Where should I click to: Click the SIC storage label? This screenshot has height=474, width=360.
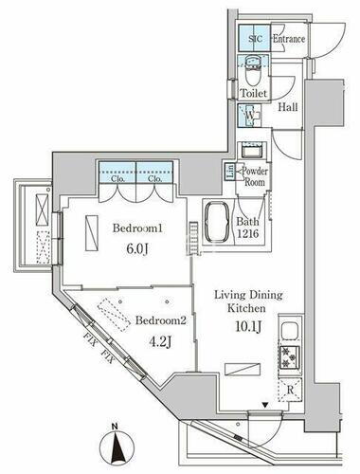click(x=253, y=40)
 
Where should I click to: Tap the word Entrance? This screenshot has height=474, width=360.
click(x=288, y=40)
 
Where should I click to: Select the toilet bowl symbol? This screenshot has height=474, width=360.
click(x=253, y=68)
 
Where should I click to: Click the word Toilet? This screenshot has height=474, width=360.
click(x=253, y=94)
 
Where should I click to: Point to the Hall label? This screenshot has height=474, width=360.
click(x=288, y=108)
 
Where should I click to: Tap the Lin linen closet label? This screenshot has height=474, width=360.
click(x=229, y=172)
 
